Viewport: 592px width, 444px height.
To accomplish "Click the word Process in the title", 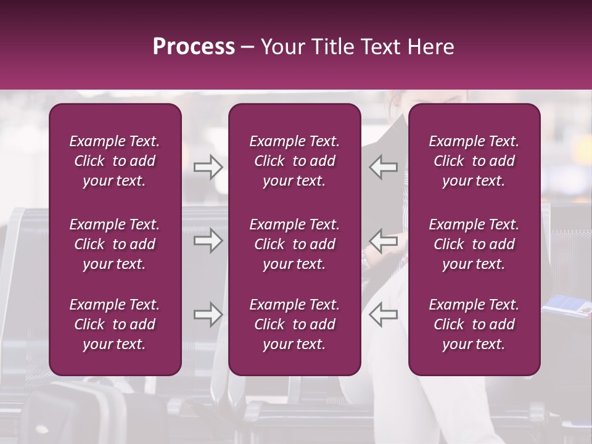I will [194, 47].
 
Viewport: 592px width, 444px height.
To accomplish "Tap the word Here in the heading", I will [430, 47].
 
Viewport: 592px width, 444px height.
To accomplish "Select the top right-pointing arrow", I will [208, 167].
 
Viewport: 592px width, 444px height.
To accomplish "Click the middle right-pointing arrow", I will [208, 240].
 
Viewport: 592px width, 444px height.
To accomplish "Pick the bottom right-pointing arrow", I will [208, 314].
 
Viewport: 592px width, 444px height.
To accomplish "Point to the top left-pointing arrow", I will [383, 167].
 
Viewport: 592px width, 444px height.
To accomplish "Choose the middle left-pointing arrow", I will [383, 240].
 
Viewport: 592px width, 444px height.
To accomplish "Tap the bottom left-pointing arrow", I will [383, 314].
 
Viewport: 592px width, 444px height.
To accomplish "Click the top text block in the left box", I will [115, 161].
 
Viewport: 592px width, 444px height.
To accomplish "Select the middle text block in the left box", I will [115, 244].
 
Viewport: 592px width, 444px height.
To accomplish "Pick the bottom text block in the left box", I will [115, 324].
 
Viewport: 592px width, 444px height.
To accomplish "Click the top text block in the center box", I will [295, 161].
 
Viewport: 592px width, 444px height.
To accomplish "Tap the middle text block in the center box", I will [295, 244].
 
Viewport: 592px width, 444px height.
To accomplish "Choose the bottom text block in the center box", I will [295, 324].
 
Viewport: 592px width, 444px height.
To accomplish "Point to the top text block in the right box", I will [474, 161].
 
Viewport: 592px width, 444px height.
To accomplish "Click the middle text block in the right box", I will [474, 244].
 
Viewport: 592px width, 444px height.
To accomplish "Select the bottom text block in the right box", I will [474, 324].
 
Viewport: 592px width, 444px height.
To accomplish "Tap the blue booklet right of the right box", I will [564, 305].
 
